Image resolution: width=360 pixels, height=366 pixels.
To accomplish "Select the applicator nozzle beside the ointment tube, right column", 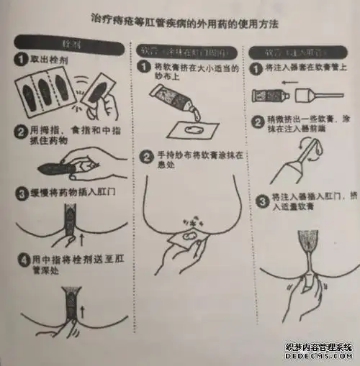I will (309, 96).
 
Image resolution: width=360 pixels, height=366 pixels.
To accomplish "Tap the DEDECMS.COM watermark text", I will (321, 356).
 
